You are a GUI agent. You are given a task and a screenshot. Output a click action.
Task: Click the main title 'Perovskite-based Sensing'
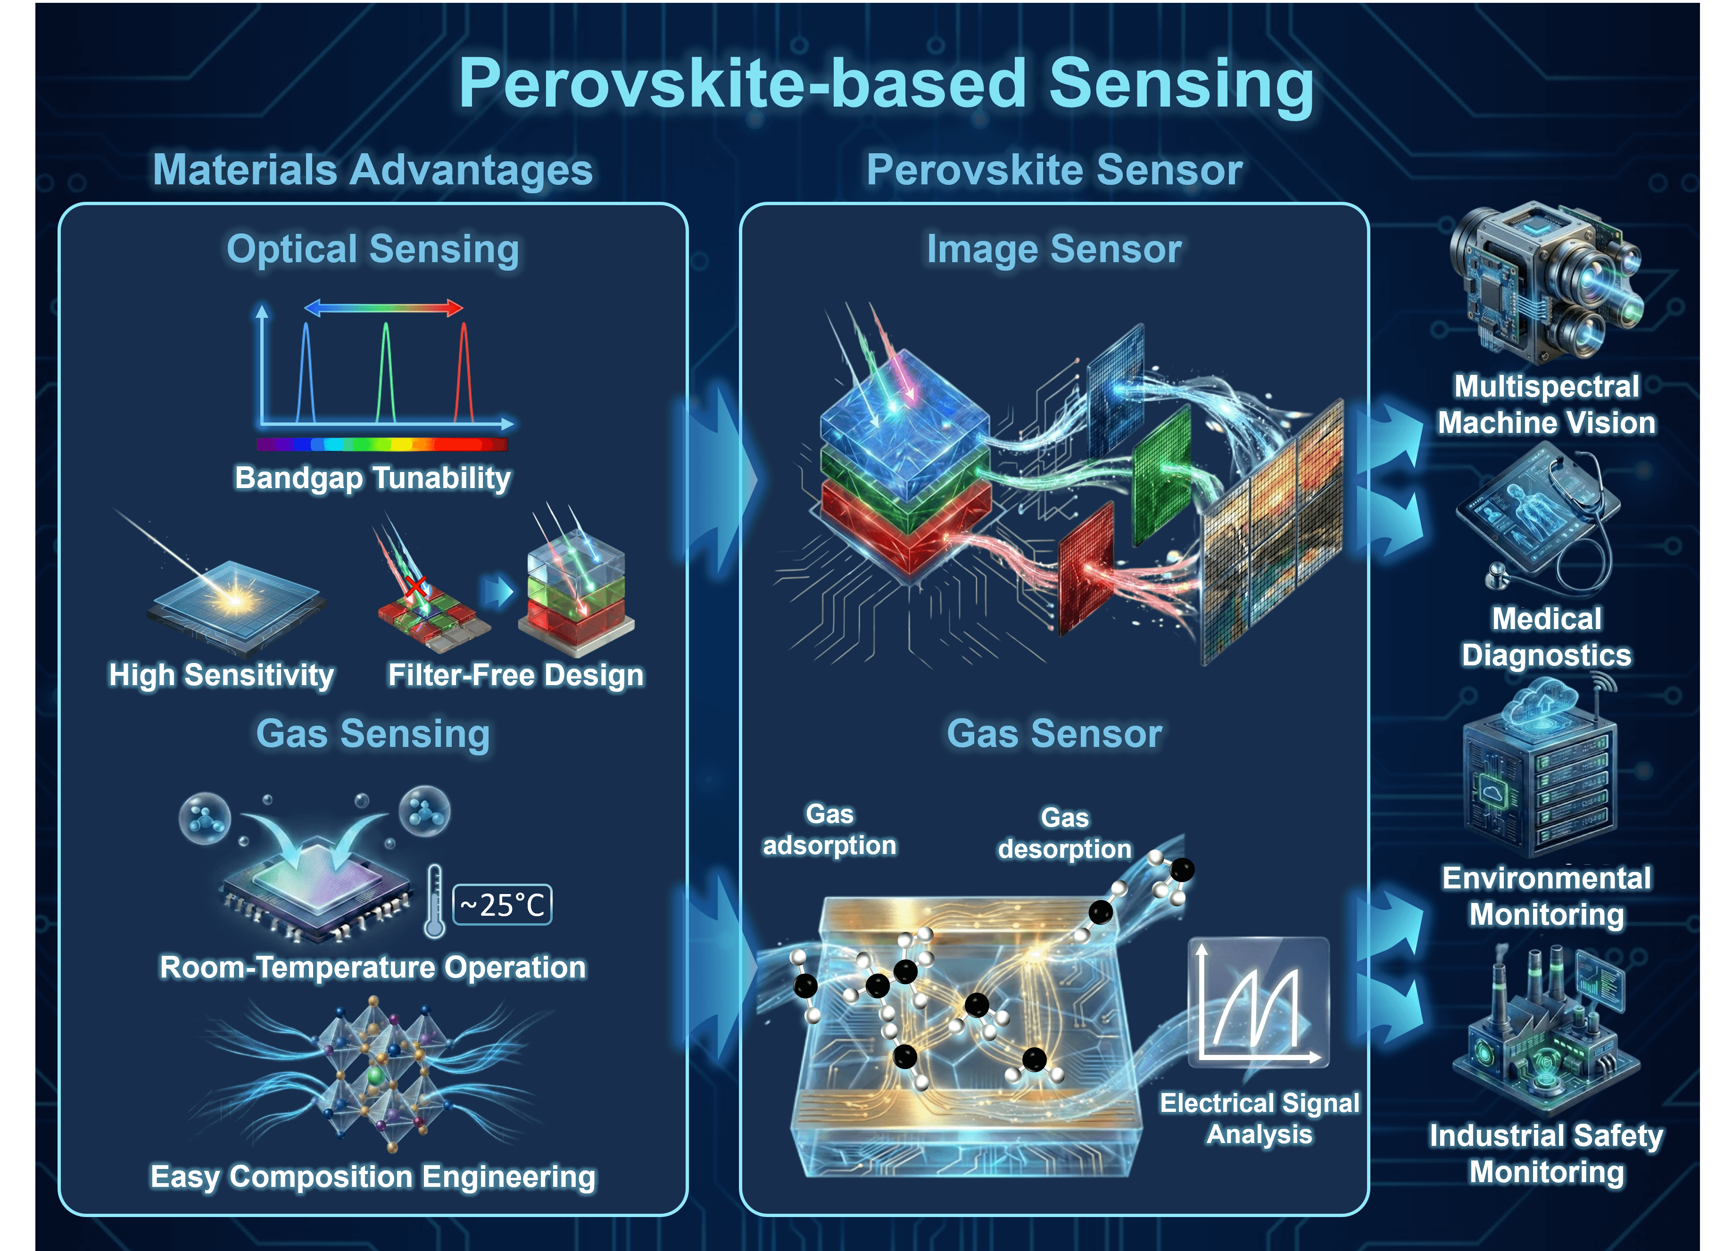click(x=886, y=85)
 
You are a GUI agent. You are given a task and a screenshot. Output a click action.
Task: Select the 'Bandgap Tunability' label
click(x=373, y=478)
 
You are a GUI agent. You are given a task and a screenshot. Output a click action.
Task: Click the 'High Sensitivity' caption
click(x=221, y=675)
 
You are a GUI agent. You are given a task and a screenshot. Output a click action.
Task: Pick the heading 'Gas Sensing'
click(x=373, y=733)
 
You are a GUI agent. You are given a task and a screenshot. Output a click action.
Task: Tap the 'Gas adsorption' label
click(x=829, y=830)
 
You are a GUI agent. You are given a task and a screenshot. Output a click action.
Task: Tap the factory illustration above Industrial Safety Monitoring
click(x=1545, y=1030)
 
